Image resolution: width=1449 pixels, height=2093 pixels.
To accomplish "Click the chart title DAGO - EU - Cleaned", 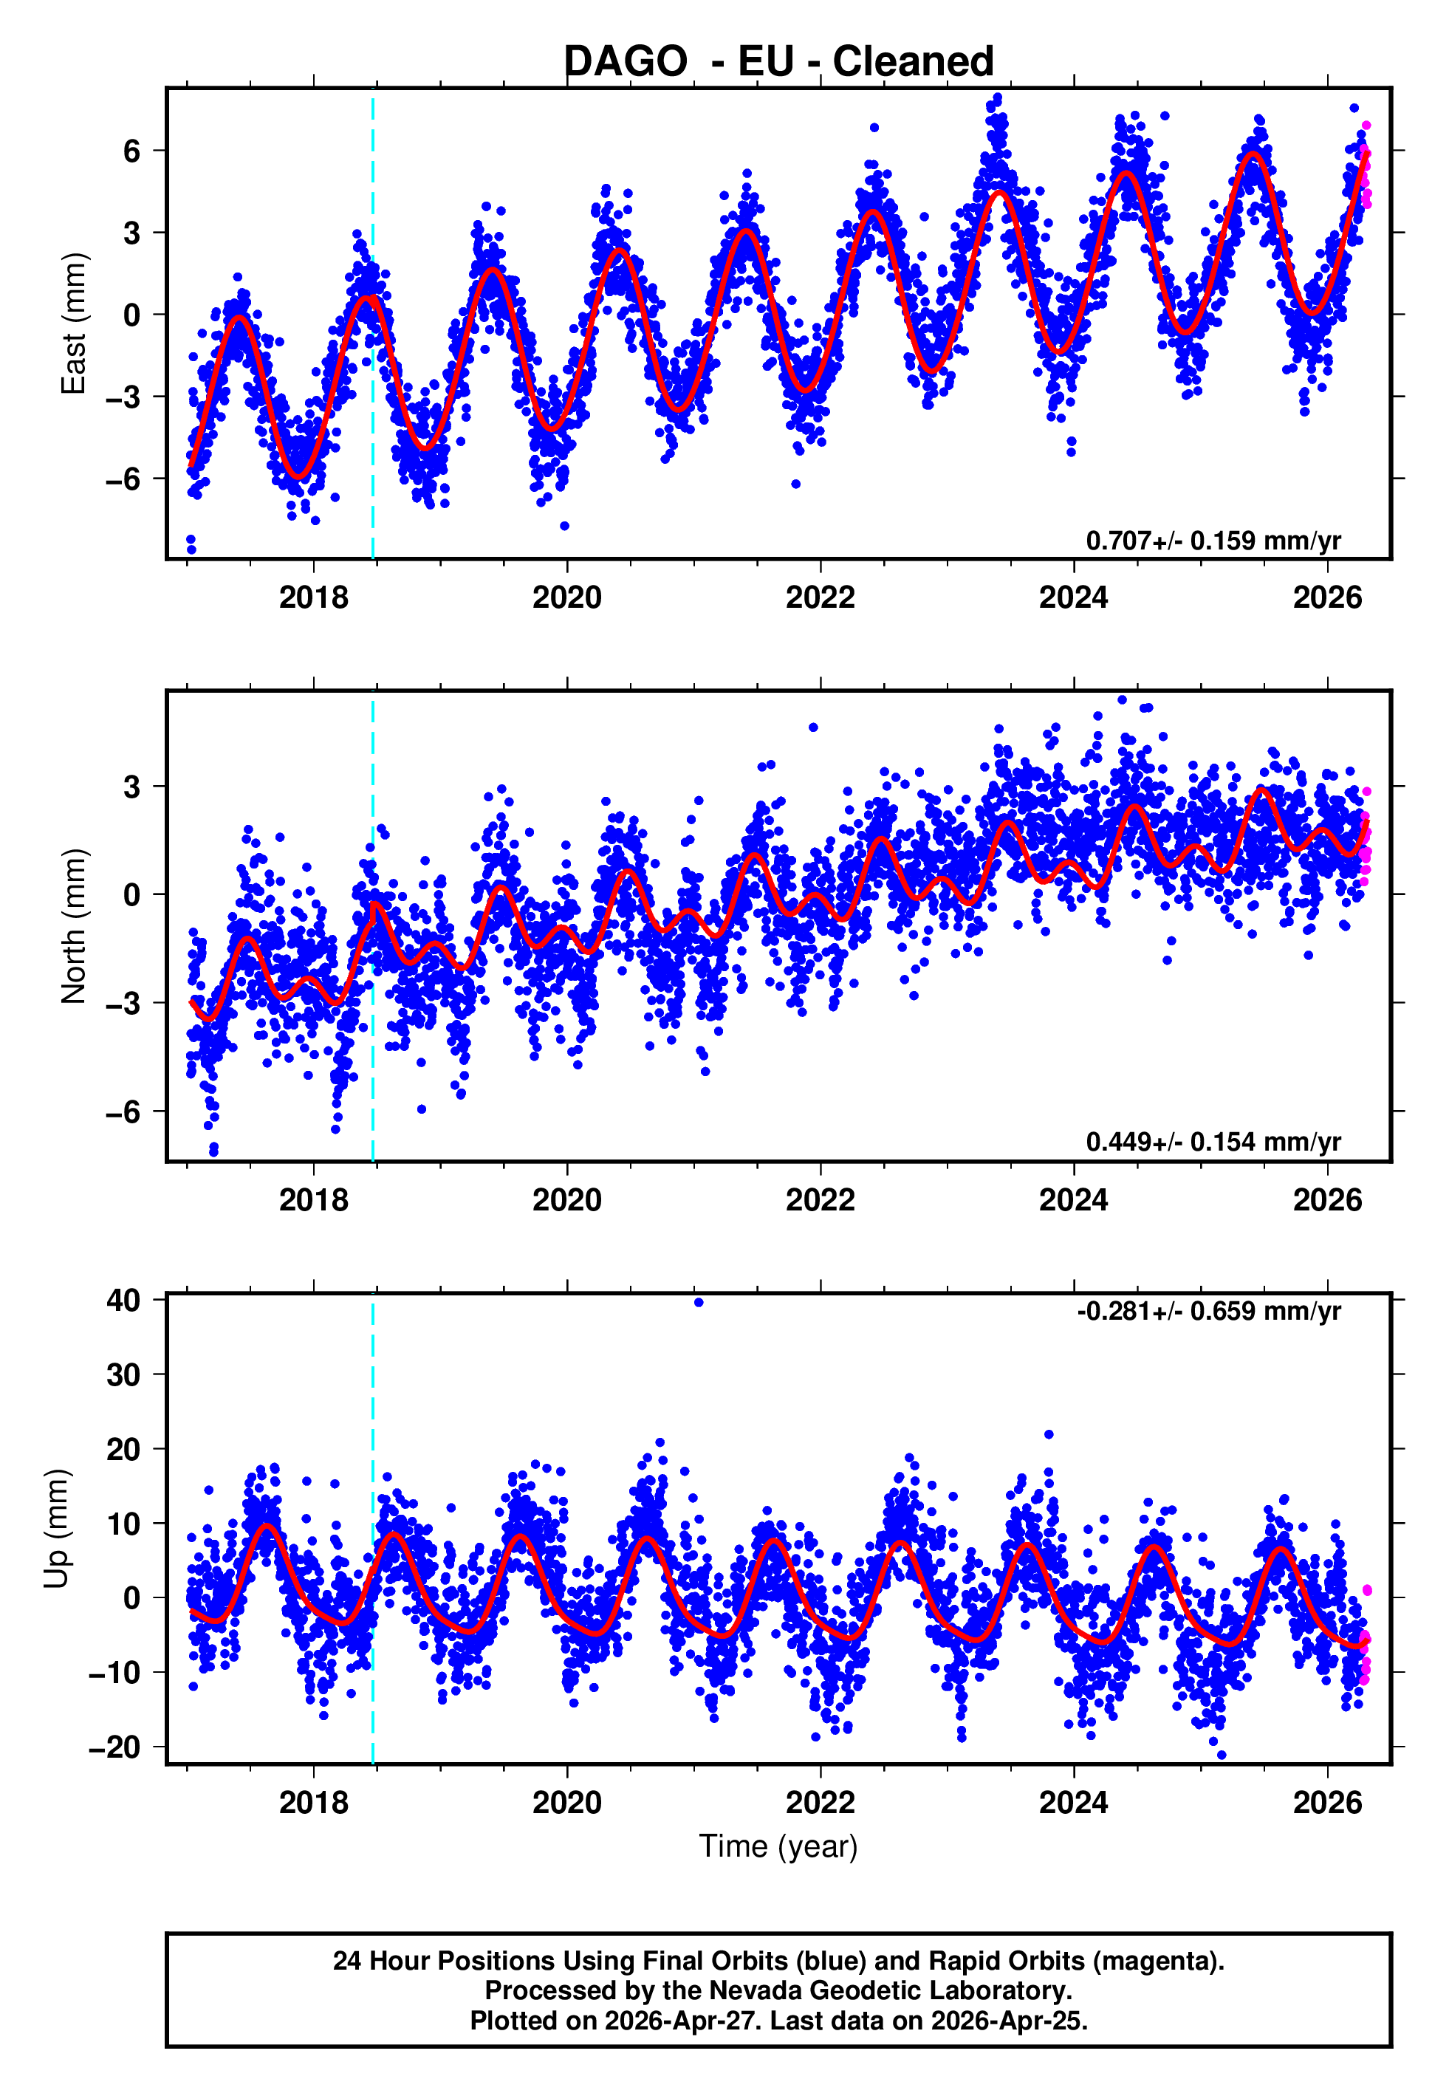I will point(778,62).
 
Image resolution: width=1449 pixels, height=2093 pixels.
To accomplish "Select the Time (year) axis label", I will point(778,1846).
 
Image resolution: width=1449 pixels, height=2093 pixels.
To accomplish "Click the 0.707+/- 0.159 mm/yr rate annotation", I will point(1213,541).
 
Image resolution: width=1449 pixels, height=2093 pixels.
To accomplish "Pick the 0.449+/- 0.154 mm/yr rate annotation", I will point(1213,1142).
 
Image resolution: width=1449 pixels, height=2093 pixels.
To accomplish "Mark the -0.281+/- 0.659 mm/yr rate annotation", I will point(1208,1311).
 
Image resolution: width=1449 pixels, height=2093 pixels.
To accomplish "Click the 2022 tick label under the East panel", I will point(820,597).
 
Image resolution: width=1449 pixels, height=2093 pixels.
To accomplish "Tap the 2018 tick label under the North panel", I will point(313,1200).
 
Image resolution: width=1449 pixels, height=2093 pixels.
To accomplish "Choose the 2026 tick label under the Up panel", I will point(1327,1802).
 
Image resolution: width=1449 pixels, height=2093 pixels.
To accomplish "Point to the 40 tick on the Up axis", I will point(123,1300).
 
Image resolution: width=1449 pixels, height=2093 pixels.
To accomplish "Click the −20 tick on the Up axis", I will point(114,1747).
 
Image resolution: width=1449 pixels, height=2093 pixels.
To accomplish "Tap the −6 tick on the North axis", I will point(123,1111).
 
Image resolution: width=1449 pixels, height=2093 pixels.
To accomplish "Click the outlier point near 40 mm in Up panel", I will point(698,1303).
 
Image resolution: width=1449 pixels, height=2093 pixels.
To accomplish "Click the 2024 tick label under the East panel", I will point(1073,597).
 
